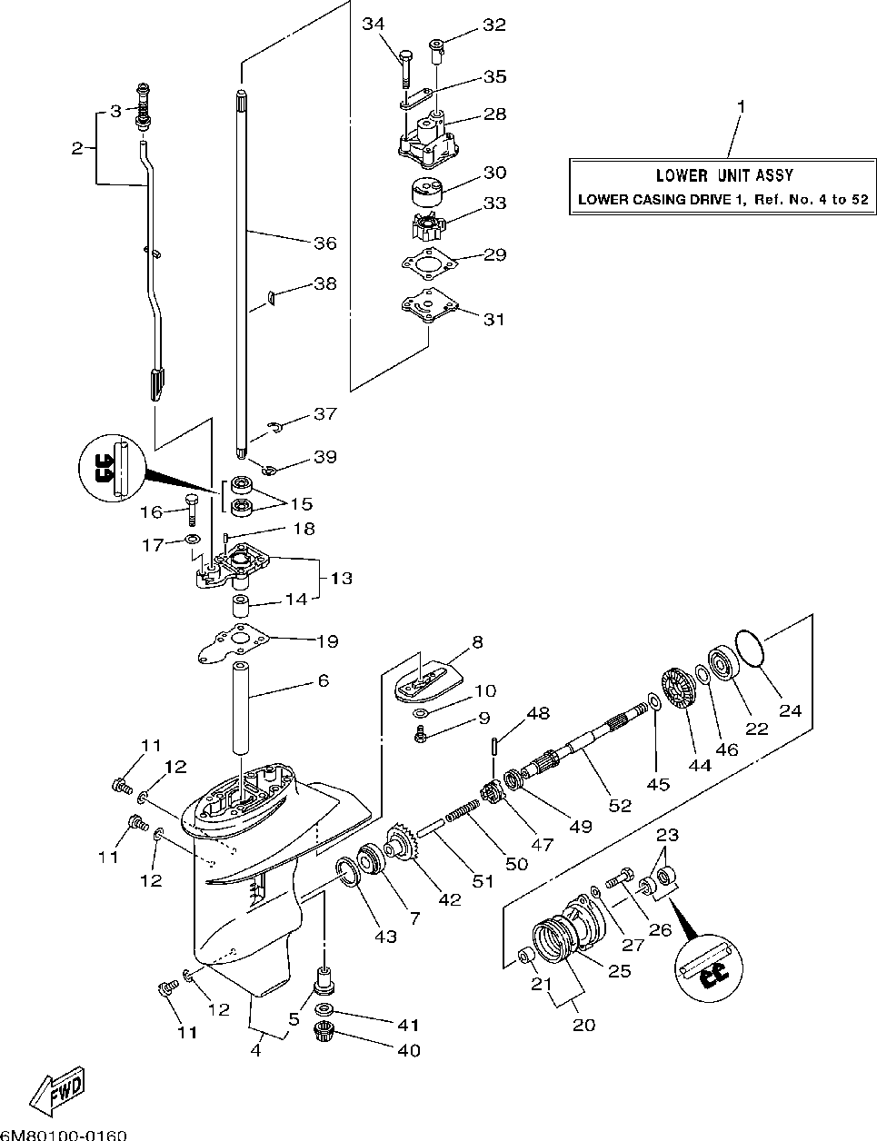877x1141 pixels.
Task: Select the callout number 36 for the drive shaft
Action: click(325, 243)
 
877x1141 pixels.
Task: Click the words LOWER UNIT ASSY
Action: click(724, 175)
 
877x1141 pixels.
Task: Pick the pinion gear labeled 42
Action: click(403, 844)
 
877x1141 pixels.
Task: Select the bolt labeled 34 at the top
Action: click(406, 69)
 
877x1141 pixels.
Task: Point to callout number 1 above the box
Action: click(741, 106)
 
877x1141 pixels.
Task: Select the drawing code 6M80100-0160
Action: click(64, 1135)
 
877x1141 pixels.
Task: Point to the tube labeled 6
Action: click(241, 709)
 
